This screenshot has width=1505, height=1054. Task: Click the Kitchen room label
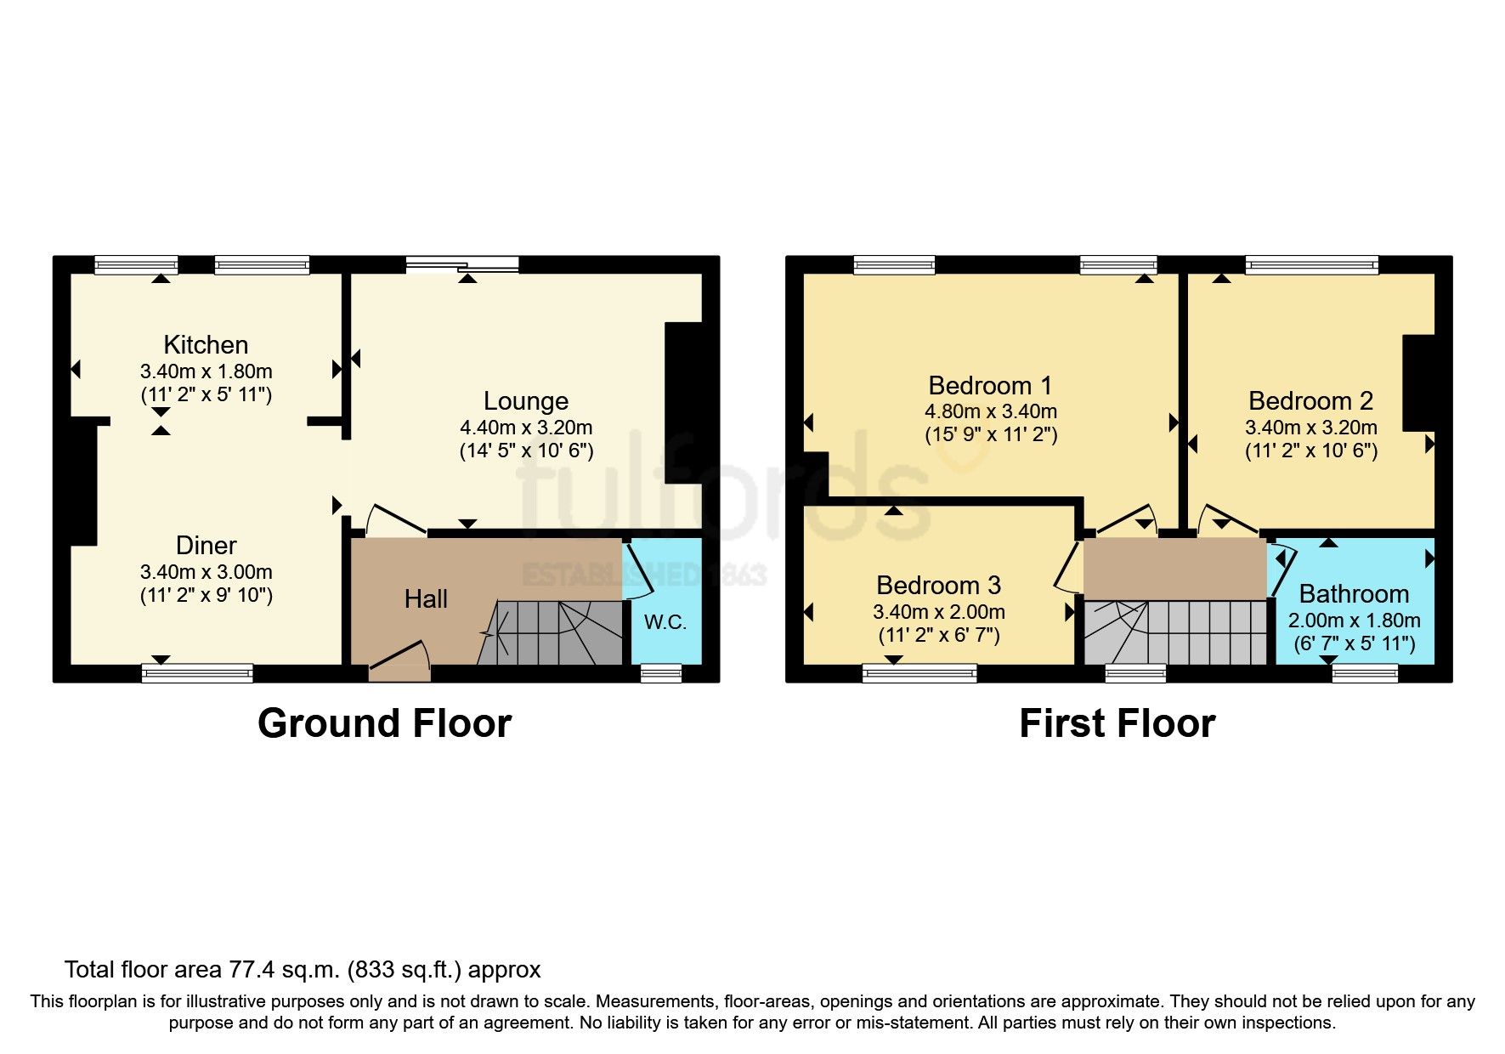(206, 344)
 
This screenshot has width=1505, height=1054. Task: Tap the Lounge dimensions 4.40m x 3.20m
(526, 428)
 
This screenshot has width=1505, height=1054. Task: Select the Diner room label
(206, 545)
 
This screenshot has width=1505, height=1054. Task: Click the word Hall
(426, 599)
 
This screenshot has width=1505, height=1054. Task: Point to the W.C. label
(665, 622)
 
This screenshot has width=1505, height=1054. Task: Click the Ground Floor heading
(384, 723)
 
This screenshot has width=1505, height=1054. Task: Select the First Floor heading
(1117, 723)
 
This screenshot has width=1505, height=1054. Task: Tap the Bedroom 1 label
(990, 385)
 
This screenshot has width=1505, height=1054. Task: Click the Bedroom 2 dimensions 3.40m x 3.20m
(1310, 428)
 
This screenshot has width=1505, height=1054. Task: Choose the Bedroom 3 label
(938, 585)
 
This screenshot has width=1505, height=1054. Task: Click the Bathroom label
(1354, 593)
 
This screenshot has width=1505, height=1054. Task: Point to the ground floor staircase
(552, 632)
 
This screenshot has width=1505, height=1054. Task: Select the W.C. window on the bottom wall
(661, 673)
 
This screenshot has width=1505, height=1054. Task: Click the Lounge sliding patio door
(462, 264)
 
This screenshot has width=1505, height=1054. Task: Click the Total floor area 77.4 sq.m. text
(303, 970)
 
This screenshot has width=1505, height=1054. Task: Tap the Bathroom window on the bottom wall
(1365, 673)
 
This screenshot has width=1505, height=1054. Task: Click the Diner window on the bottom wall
(197, 673)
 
